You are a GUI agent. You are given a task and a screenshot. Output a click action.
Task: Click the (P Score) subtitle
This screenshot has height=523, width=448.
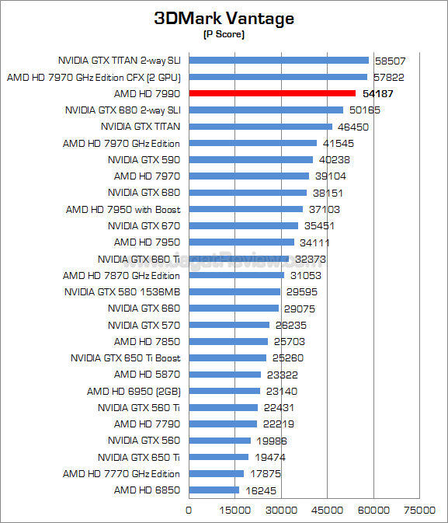(224, 36)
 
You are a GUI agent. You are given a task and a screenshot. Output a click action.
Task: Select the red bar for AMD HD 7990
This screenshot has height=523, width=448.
(272, 93)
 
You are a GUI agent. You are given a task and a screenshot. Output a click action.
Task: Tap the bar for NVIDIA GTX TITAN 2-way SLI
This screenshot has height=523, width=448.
(279, 60)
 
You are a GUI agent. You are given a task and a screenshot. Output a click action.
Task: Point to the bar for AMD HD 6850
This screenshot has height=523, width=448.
(214, 490)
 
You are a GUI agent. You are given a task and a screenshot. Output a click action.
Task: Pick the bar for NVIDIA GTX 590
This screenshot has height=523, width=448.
(251, 159)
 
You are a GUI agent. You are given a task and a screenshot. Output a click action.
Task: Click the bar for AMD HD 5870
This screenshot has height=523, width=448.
(224, 375)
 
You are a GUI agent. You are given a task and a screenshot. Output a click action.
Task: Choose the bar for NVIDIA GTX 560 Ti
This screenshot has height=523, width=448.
(223, 407)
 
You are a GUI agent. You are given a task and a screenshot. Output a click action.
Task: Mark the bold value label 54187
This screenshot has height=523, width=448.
(378, 93)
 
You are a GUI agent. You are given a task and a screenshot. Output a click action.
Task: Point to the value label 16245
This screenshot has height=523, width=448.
(261, 490)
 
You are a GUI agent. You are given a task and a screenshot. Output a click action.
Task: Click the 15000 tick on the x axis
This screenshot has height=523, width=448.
(235, 510)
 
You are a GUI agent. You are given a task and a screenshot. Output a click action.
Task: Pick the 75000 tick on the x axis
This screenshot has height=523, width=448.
(419, 510)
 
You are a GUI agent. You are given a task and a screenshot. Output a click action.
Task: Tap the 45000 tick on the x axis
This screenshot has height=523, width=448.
(328, 510)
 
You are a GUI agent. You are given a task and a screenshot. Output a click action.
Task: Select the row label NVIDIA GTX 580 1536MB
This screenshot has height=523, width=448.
(123, 291)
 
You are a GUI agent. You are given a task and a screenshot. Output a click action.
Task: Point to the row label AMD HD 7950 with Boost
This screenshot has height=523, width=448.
(123, 209)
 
